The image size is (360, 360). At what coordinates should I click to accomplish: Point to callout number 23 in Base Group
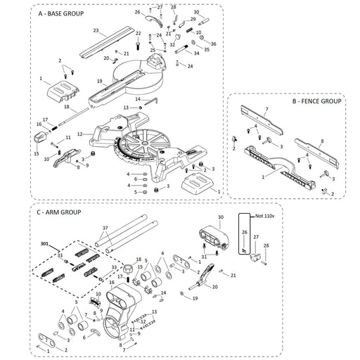95,31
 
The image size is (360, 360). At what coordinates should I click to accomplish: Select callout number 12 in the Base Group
80,134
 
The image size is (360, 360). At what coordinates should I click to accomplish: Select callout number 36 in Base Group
214,44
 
